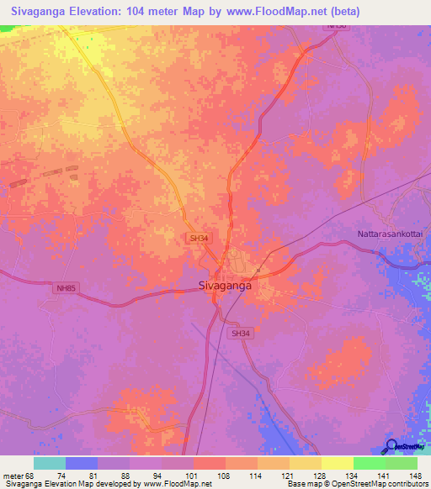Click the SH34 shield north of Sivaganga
pos(198,239)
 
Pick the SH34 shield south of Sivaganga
pos(241,334)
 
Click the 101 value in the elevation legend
pos(193,476)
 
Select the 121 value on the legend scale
pos(289,476)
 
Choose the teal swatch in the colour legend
pos(50,463)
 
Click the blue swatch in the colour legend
pos(82,463)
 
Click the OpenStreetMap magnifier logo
pos(392,446)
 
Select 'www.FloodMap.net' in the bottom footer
pos(177,485)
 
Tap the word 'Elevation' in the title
pos(93,12)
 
